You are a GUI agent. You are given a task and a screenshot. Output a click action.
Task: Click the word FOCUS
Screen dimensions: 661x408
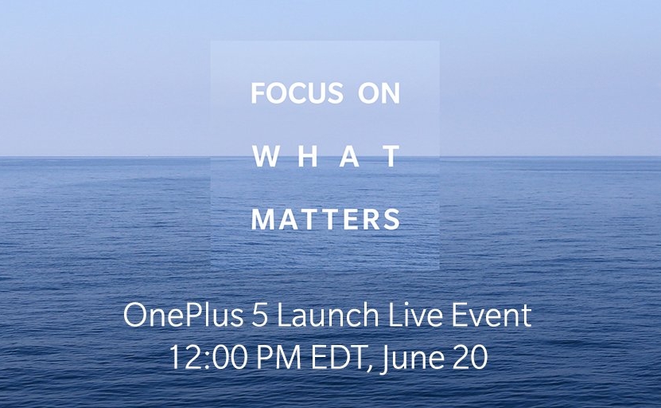pyautogui.click(x=297, y=93)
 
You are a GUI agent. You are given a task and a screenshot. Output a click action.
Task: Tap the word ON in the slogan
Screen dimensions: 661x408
pyautogui.click(x=379, y=93)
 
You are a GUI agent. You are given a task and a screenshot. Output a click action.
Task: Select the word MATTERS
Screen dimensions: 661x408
pyautogui.click(x=325, y=219)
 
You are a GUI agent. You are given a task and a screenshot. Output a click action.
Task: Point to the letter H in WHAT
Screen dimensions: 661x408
pyautogui.click(x=309, y=156)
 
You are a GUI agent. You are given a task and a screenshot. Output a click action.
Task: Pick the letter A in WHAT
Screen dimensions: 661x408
pyautogui.click(x=351, y=156)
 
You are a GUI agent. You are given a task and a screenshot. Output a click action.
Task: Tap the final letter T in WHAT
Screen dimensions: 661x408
pyautogui.click(x=391, y=156)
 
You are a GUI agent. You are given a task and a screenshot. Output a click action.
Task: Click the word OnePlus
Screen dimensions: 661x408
pyautogui.click(x=184, y=316)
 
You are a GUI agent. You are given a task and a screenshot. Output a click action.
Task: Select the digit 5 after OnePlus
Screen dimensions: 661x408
pyautogui.click(x=260, y=316)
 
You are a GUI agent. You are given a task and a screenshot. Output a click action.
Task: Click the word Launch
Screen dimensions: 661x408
pyautogui.click(x=328, y=315)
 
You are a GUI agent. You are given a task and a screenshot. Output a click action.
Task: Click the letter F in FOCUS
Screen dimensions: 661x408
pyautogui.click(x=258, y=93)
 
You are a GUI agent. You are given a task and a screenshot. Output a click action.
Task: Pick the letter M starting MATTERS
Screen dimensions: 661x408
pyautogui.click(x=262, y=219)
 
